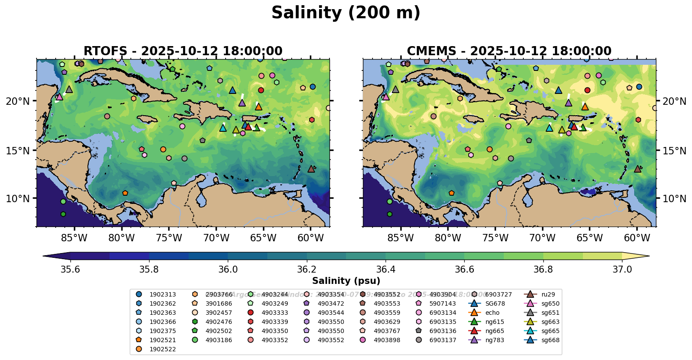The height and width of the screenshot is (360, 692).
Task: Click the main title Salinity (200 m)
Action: [346, 13]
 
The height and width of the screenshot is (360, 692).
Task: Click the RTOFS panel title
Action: [183, 51]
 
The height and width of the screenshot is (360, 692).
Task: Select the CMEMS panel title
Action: [509, 51]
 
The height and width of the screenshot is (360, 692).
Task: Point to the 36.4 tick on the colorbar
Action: [386, 270]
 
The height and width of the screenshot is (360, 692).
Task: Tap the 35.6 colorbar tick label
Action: [70, 270]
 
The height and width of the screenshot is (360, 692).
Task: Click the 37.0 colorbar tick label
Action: [622, 270]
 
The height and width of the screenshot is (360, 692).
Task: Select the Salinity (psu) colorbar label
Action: [346, 281]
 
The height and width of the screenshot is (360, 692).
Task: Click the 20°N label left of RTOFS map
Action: [18, 101]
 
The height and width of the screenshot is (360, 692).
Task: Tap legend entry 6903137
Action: [442, 340]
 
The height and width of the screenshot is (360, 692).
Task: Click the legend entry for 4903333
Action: [274, 313]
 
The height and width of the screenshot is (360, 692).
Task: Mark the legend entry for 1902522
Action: [163, 349]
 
